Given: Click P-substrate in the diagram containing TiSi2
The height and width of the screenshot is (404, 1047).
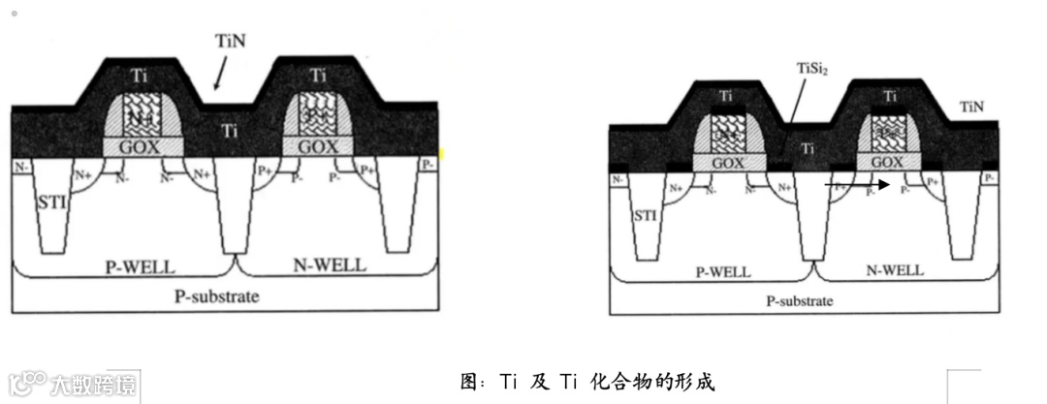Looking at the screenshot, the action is point(801,300).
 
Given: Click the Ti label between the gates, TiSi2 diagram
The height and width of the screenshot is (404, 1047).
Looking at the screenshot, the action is point(809,148).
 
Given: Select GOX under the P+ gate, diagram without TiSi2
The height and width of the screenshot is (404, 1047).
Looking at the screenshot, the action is point(317,145).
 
